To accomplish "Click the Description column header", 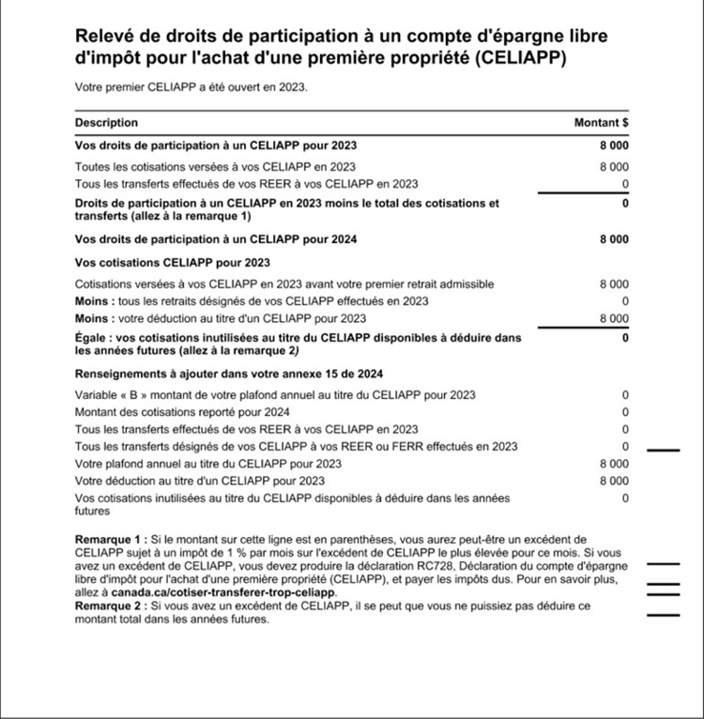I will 106,123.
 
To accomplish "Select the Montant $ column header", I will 601,123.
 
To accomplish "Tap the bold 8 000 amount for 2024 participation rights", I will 614,239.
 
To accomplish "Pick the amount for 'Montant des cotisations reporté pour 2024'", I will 625,412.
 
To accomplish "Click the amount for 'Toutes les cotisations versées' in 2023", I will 615,166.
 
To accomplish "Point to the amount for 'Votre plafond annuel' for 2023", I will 614,464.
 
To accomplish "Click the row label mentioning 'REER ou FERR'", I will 297,446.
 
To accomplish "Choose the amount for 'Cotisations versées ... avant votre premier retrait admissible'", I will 615,283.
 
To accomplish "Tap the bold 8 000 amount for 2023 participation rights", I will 614,145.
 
